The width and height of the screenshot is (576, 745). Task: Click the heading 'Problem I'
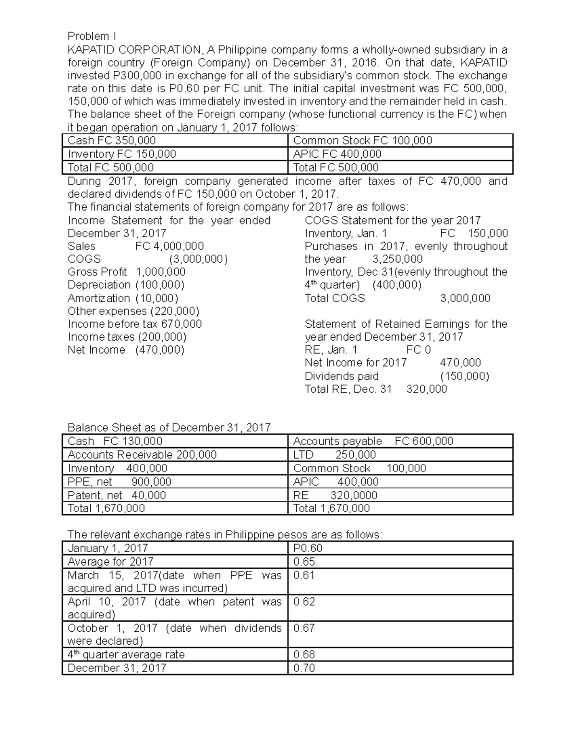click(x=92, y=36)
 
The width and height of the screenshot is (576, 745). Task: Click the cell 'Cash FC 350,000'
click(x=112, y=141)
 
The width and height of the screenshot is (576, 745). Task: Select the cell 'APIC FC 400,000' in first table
click(x=337, y=154)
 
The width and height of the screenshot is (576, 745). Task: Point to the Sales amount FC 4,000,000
click(x=170, y=246)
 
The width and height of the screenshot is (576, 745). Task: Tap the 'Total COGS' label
click(x=335, y=298)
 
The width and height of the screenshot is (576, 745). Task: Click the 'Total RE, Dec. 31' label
click(x=348, y=389)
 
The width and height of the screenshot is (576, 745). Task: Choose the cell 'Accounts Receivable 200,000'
click(x=142, y=455)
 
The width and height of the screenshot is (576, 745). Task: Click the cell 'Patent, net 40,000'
click(x=117, y=495)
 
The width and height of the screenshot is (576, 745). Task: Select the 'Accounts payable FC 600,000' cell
click(x=373, y=441)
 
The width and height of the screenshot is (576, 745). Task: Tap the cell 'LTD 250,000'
click(x=335, y=455)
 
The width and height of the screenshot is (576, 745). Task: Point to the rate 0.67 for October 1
click(x=304, y=628)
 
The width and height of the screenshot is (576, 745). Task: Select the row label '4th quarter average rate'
click(x=126, y=655)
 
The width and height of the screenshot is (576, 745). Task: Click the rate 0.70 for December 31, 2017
click(x=304, y=668)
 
